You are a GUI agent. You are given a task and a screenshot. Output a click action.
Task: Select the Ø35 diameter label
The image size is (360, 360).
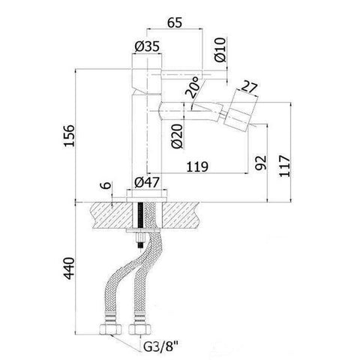tap(147, 47)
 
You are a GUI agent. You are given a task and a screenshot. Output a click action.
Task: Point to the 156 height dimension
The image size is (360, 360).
tap(70, 136)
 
